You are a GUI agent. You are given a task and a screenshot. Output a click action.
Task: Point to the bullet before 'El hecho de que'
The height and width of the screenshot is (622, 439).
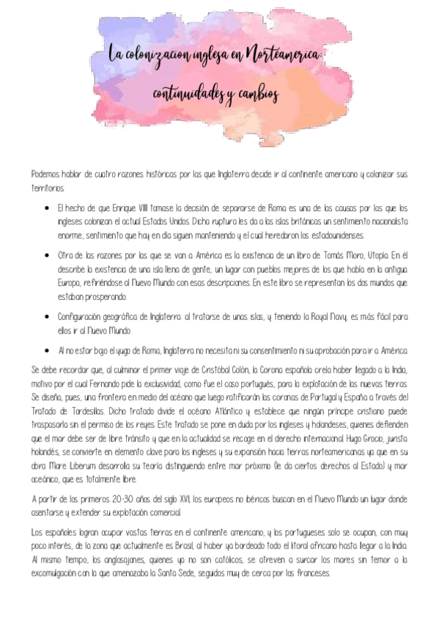point(47,208)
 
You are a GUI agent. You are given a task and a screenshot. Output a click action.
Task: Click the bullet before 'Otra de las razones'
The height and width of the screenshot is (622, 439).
point(47,255)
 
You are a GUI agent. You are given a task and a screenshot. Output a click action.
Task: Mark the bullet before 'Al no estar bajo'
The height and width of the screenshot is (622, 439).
point(47,351)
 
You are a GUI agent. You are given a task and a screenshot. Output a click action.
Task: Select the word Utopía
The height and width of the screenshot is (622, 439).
point(380,255)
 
